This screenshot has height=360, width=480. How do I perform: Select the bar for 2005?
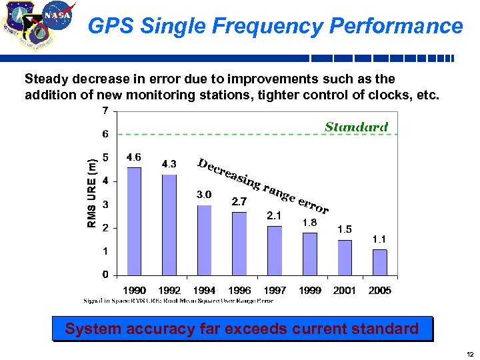[379, 262]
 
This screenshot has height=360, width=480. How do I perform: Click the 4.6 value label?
[133, 157]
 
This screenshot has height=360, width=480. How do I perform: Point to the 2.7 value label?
[239, 201]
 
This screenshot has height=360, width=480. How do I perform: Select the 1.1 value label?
[379, 239]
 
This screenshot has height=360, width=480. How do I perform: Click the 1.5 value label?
[344, 229]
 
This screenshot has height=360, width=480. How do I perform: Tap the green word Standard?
[356, 126]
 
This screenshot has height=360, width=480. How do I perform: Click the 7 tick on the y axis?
[105, 110]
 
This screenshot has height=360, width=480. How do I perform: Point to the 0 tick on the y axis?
[105, 275]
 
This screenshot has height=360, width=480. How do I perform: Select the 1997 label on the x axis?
[274, 290]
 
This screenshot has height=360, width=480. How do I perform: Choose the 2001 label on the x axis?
[344, 290]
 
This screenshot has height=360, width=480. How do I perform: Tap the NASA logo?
[58, 15]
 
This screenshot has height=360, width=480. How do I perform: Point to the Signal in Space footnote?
[178, 301]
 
